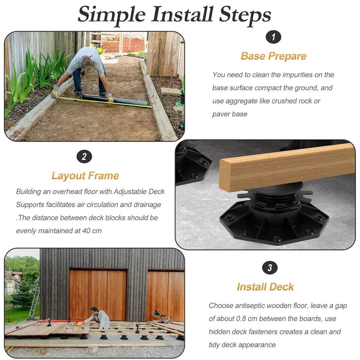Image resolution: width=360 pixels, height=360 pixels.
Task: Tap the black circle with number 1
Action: click(273, 37)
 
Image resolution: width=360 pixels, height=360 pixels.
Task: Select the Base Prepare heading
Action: click(273, 56)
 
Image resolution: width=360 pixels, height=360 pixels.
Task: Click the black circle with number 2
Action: click(84, 157)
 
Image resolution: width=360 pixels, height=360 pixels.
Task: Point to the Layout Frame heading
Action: click(85, 176)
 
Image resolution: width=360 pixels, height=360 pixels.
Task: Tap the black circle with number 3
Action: click(270, 268)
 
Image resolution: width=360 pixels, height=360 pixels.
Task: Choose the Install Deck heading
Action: click(265, 287)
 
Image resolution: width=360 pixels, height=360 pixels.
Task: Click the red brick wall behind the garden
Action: click(124, 44)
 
